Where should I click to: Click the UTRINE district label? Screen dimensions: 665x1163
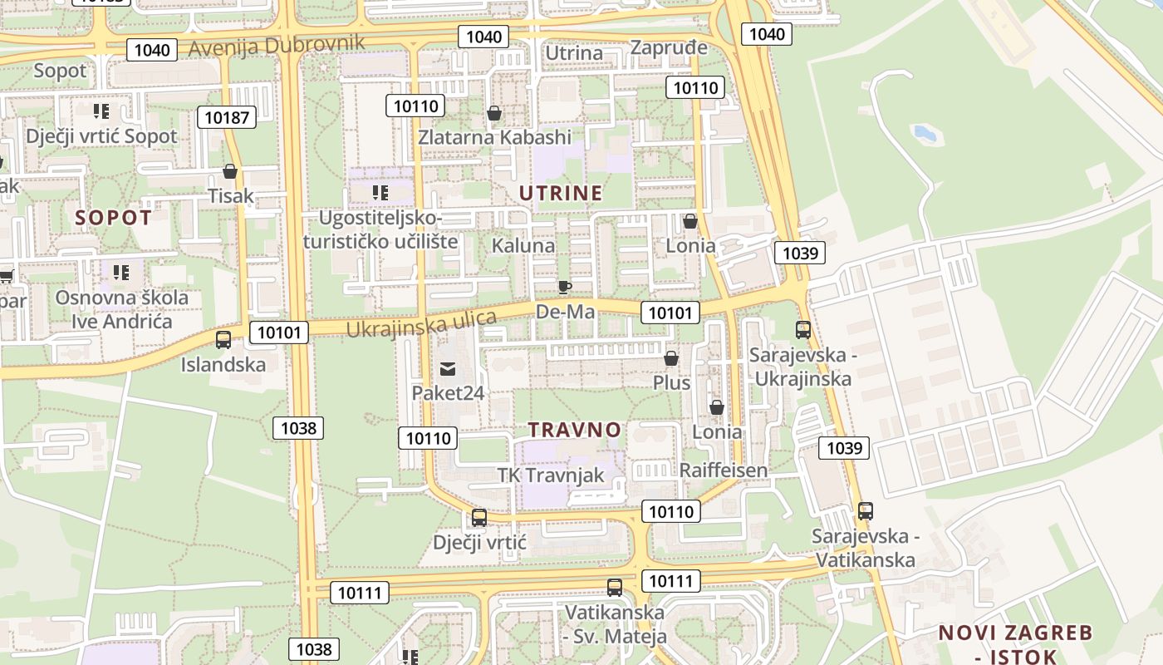pos(561,194)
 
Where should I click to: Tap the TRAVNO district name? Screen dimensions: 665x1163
pos(575,430)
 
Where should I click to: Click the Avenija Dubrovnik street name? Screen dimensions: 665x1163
pos(277,45)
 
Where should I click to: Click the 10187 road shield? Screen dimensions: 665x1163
pos(226,117)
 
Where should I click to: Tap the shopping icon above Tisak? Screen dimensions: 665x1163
pos(230,172)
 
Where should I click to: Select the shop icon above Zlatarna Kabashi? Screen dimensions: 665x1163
pos(494,113)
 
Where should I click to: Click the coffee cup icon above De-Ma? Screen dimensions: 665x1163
pos(565,288)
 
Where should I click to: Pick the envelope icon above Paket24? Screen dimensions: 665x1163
pos(448,368)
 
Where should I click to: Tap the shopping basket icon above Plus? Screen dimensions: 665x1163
pos(671,358)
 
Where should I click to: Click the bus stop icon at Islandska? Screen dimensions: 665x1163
pos(223,339)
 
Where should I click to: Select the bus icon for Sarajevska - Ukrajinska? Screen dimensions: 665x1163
pos(802,329)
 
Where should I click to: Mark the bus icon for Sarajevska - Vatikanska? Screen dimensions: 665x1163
pos(866,510)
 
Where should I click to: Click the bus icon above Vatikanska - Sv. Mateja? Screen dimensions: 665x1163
pos(615,588)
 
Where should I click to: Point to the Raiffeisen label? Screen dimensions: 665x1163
pos(723,470)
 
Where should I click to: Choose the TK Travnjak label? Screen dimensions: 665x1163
pos(550,475)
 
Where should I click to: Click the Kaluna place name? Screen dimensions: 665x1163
pos(523,246)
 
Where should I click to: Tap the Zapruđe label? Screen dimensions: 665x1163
pos(669,47)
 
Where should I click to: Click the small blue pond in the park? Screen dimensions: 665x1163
pos(924,132)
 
